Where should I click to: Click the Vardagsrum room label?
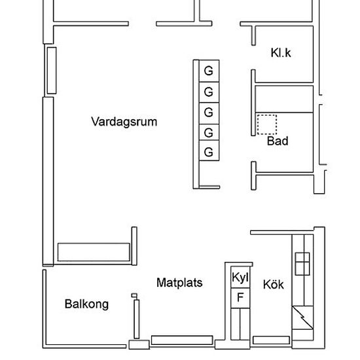coord(124,122)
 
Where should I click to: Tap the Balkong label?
coord(86,304)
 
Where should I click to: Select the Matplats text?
coord(179,283)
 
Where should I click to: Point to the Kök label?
coord(273,284)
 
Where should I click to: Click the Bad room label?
coord(278,141)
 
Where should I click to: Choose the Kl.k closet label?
coord(281,53)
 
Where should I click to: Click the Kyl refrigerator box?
coord(240,277)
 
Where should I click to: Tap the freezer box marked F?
coord(240,298)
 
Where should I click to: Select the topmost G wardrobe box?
coord(209,71)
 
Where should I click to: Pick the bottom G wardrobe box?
coord(209,151)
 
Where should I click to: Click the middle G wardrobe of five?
coord(209,113)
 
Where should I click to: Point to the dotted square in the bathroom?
coord(267,124)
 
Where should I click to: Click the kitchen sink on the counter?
coord(302,264)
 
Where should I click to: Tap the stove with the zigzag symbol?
coord(302,317)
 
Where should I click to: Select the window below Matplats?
coord(182,340)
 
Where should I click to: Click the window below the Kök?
coord(271,340)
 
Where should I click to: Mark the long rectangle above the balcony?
coord(94,252)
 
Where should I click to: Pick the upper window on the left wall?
coord(52,71)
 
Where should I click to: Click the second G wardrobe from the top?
coord(209,92)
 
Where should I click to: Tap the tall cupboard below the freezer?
coord(240,324)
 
